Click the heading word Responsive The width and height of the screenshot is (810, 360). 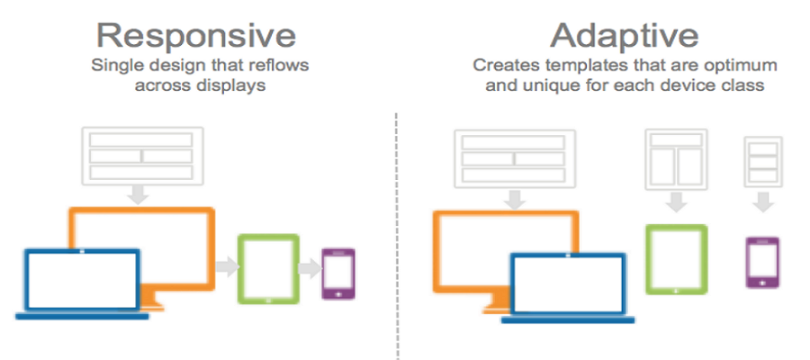(x=196, y=35)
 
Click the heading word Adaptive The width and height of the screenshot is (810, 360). (x=624, y=35)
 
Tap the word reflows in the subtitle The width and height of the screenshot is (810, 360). (x=280, y=66)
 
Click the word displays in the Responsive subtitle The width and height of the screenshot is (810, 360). (x=231, y=85)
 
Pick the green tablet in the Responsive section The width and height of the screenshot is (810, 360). (x=268, y=269)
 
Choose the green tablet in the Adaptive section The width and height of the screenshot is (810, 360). (x=676, y=259)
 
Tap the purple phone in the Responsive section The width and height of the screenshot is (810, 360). (x=338, y=274)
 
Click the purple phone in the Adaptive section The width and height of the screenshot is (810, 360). (x=762, y=263)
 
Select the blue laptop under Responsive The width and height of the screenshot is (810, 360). (x=82, y=283)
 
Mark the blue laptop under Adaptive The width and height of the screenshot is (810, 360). (x=568, y=288)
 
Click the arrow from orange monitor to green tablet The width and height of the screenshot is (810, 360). (x=228, y=267)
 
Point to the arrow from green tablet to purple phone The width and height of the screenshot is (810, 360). (x=310, y=269)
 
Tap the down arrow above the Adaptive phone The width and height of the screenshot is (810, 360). (x=763, y=202)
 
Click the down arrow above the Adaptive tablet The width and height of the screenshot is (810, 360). (x=676, y=202)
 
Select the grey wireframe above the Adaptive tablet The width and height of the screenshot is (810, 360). (x=676, y=159)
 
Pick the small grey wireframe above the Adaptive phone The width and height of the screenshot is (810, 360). (x=763, y=162)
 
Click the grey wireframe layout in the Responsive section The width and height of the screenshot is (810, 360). (x=142, y=156)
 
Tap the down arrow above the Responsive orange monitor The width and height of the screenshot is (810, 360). (x=138, y=194)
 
